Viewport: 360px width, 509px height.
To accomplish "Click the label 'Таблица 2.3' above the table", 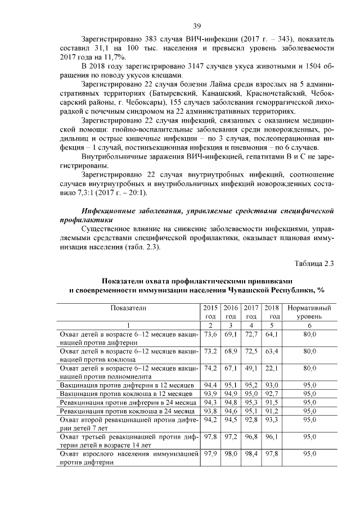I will [x=314, y=263].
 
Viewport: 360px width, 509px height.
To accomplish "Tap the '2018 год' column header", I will [x=272, y=313].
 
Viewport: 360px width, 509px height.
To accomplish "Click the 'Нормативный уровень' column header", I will [x=309, y=313].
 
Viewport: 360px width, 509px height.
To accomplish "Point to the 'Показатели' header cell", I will [x=128, y=309].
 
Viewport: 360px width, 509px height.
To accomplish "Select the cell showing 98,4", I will [x=251, y=453].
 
